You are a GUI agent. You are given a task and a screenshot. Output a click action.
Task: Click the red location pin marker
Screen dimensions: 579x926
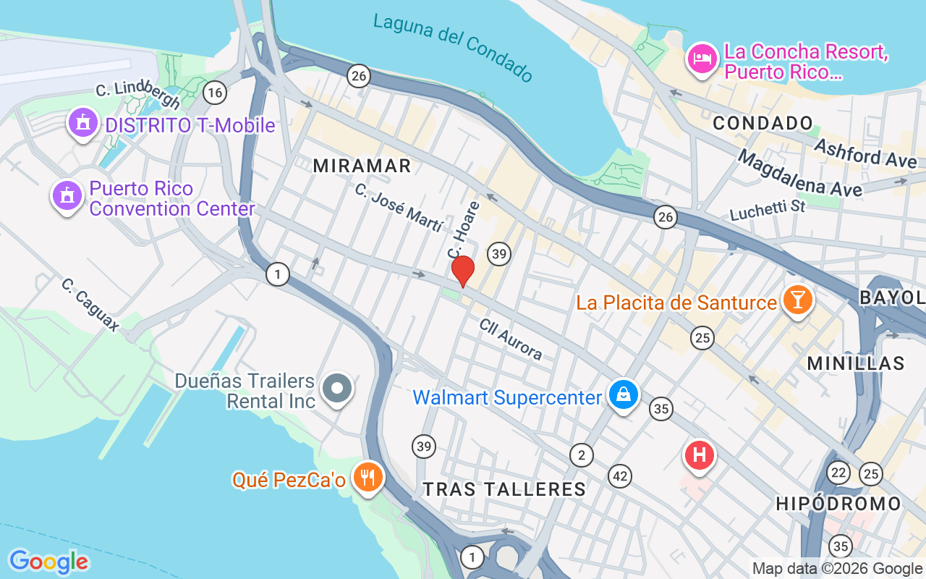(x=462, y=271)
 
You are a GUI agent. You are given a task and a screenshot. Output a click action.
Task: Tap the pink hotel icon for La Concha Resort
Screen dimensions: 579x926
(x=701, y=59)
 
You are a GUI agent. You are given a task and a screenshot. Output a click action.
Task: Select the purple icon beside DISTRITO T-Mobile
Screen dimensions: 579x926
(x=83, y=124)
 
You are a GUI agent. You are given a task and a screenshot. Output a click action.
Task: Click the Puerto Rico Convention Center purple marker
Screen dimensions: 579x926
(x=67, y=195)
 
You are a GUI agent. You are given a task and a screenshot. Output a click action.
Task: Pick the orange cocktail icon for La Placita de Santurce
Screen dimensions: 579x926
(x=798, y=300)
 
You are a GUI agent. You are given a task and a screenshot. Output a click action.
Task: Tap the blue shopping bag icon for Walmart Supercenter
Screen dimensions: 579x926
(x=623, y=395)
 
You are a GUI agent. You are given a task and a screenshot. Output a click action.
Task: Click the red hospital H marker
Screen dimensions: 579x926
(x=699, y=456)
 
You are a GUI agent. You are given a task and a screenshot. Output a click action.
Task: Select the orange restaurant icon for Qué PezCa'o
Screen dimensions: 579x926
(x=368, y=478)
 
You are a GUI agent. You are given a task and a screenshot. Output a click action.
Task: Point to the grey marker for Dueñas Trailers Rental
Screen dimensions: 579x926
(x=337, y=389)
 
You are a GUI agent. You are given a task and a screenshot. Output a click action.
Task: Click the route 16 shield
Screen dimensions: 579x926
(x=214, y=93)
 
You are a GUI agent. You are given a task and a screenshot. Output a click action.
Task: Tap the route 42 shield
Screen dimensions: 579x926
(x=619, y=476)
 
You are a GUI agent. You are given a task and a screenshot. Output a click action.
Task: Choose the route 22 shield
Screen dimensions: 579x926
(x=838, y=472)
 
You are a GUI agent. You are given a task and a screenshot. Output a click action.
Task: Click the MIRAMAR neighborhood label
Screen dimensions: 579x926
(x=362, y=166)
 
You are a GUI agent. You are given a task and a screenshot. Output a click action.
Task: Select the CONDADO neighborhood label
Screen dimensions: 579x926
(x=763, y=124)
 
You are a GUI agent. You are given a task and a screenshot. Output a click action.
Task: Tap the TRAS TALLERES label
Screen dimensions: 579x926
(x=504, y=489)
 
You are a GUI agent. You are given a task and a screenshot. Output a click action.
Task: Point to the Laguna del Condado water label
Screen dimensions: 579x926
(x=453, y=46)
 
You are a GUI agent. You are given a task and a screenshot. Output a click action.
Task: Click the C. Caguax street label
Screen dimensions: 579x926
(x=90, y=305)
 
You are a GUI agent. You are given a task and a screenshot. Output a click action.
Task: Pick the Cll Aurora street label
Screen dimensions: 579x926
(x=511, y=339)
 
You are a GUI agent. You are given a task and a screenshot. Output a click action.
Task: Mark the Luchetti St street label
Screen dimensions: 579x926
(x=768, y=211)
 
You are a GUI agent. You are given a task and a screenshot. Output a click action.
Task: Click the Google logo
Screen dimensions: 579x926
(x=48, y=562)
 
